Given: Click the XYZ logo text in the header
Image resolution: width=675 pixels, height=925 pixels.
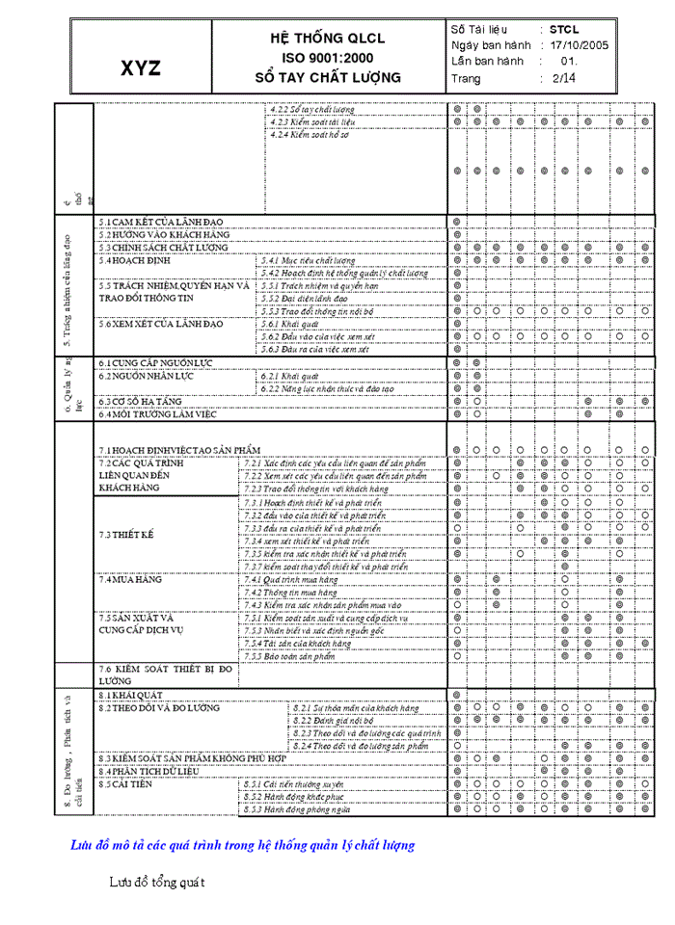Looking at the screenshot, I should (141, 68).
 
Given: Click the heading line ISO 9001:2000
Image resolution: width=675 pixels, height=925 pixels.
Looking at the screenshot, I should (327, 58).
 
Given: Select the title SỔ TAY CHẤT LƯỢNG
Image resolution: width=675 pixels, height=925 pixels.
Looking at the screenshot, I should (327, 77).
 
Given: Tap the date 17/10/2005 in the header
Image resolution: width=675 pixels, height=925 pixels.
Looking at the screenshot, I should (579, 44).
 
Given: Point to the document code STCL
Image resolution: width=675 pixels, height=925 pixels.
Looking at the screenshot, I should (564, 29).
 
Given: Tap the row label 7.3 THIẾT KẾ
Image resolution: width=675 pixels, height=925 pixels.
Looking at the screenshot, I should (126, 535).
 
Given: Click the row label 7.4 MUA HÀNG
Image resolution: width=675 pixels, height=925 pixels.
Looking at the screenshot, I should (127, 580).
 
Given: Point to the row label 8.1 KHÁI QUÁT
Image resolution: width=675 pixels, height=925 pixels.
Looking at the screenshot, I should (130, 695).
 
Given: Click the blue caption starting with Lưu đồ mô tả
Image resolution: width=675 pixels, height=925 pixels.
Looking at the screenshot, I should (242, 845).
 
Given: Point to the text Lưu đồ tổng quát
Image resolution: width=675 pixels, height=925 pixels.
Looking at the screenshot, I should (156, 881).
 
